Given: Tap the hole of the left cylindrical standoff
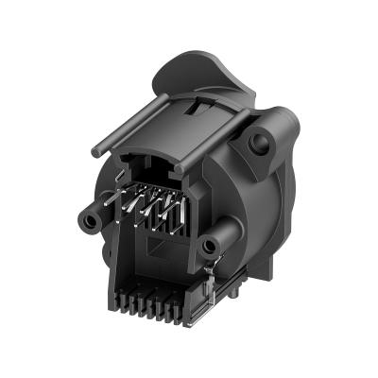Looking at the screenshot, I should click(90, 218).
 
